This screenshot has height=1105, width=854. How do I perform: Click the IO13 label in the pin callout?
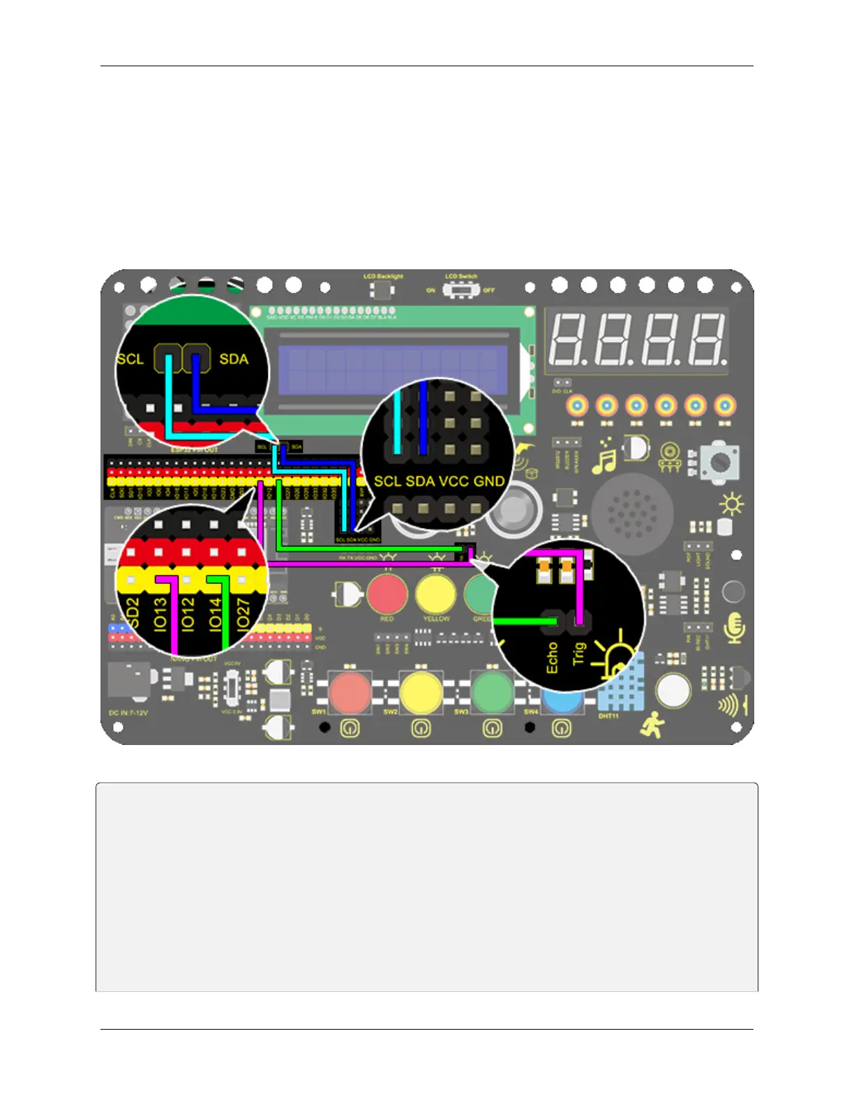[160, 615]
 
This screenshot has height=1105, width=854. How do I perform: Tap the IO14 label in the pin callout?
[215, 615]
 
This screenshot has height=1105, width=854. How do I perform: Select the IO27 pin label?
[242, 615]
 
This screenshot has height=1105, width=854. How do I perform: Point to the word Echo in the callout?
[552, 658]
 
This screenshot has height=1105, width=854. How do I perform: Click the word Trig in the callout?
[578, 654]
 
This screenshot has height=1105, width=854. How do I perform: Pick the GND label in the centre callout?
[488, 481]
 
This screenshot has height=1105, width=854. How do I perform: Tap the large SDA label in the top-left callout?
[234, 359]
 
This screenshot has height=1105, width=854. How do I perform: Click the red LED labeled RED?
[387, 594]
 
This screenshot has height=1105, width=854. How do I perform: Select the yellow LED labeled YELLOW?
[435, 594]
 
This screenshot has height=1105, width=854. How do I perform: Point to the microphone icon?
[733, 628]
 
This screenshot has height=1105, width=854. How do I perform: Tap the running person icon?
[653, 726]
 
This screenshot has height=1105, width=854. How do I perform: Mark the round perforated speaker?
[632, 514]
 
